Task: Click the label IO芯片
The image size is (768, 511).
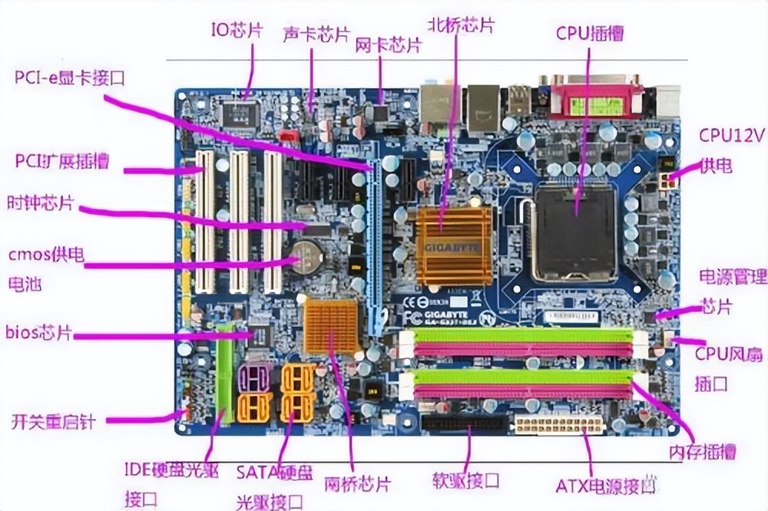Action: pyautogui.click(x=237, y=30)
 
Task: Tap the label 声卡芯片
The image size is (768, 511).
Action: pyautogui.click(x=316, y=35)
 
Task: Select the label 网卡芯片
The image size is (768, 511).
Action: pyautogui.click(x=388, y=45)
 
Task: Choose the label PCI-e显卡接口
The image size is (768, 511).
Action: pyautogui.click(x=69, y=77)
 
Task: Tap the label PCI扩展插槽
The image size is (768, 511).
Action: pyautogui.click(x=62, y=161)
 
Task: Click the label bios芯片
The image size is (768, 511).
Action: pyautogui.click(x=38, y=332)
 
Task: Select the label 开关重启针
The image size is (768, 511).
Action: pyautogui.click(x=52, y=421)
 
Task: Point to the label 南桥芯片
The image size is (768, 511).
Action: pyautogui.click(x=357, y=484)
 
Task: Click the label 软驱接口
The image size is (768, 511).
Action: pyautogui.click(x=466, y=481)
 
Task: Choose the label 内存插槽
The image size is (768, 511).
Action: pyautogui.click(x=702, y=450)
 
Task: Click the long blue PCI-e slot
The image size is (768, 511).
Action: pyautogui.click(x=376, y=246)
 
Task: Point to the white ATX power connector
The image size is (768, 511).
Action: pyautogui.click(x=558, y=424)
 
